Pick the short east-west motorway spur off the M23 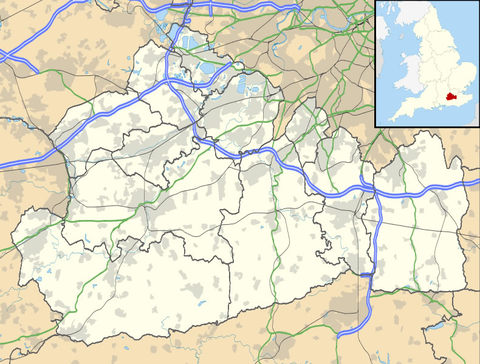coord(365,275)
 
